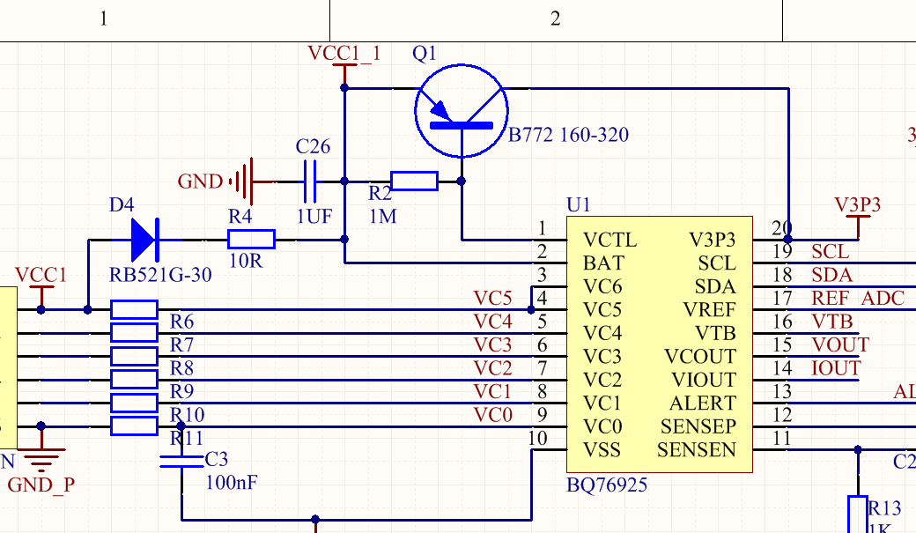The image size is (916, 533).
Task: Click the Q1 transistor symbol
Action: [462, 110]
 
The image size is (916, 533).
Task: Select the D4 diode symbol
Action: [143, 238]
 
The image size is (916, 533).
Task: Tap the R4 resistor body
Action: [251, 239]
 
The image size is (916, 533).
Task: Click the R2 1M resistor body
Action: [413, 181]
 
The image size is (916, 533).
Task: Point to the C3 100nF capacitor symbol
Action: [181, 461]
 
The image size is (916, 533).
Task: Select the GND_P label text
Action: [41, 485]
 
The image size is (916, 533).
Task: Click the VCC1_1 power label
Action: [344, 53]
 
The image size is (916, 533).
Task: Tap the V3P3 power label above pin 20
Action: [857, 205]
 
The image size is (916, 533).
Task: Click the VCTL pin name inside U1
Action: [609, 240]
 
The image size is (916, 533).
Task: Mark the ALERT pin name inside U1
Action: [702, 403]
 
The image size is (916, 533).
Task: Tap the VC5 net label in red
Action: [492, 298]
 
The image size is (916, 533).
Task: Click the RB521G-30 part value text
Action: [160, 275]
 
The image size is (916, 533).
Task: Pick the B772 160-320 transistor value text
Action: [569, 135]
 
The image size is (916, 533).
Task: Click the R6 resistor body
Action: [134, 309]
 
